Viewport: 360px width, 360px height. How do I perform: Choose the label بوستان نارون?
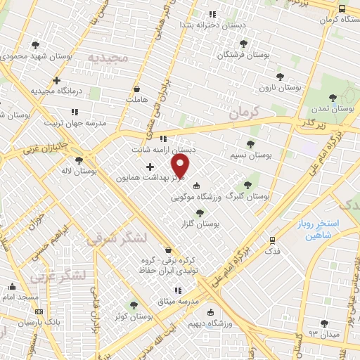283,88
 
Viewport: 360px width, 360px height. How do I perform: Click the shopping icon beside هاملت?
136,89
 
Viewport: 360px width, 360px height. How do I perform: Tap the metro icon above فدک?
272,240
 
